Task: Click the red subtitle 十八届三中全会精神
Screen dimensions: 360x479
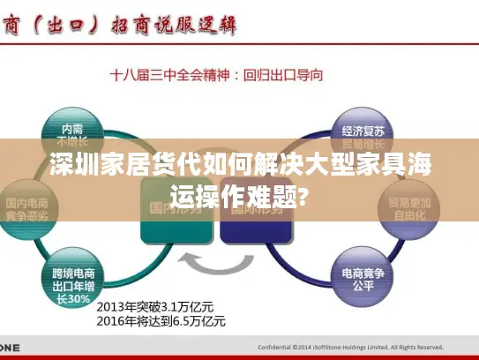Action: coord(168,76)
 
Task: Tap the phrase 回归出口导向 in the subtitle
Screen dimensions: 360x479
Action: coord(283,76)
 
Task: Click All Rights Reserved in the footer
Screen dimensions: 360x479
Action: coord(418,348)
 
